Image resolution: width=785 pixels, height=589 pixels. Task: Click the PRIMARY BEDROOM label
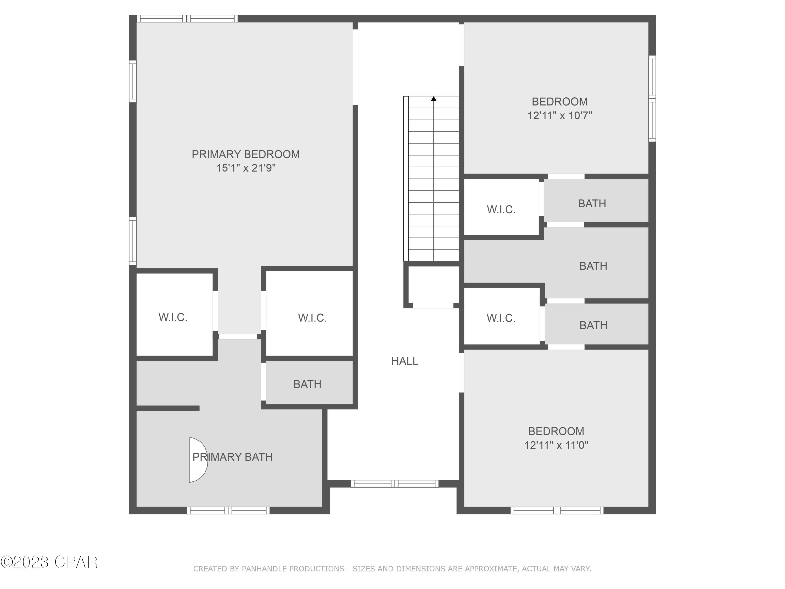(246, 154)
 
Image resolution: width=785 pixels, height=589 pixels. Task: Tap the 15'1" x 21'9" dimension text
(246, 168)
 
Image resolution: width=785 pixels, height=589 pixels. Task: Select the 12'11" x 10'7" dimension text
(560, 116)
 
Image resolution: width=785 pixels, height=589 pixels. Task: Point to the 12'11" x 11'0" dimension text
(556, 445)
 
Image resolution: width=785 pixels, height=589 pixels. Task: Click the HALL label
(405, 361)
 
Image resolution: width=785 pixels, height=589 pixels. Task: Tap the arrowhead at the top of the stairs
(434, 99)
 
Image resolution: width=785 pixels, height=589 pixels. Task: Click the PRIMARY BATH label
(232, 457)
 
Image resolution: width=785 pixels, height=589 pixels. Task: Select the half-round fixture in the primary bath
(197, 460)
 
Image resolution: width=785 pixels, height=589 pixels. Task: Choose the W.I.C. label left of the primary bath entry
(173, 317)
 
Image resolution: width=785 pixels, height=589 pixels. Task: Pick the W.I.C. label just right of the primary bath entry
(312, 318)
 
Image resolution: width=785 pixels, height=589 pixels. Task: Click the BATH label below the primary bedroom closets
(307, 384)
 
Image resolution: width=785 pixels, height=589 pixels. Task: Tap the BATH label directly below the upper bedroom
(592, 204)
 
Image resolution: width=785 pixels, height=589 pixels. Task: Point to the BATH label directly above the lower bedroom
(593, 325)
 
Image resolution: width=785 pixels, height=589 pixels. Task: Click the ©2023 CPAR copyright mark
(49, 562)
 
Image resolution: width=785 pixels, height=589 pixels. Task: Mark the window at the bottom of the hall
(395, 484)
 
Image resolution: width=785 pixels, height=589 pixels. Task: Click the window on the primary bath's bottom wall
(228, 510)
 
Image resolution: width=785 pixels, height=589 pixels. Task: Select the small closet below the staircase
(433, 284)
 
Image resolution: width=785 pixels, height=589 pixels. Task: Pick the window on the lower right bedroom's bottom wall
(557, 510)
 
